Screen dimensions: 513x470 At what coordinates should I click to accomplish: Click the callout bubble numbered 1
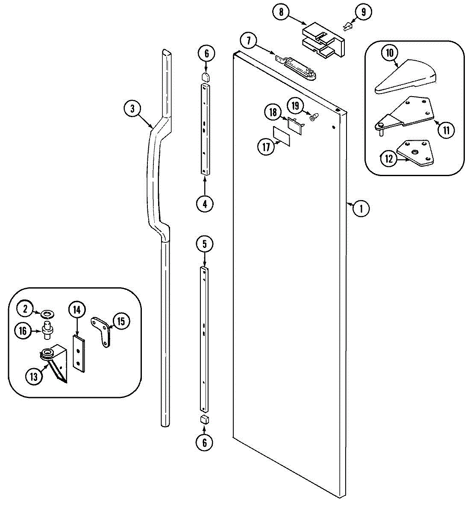point(361,209)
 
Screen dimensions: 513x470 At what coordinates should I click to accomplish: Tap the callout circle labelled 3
point(132,109)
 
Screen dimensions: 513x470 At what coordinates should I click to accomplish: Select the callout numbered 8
point(281,12)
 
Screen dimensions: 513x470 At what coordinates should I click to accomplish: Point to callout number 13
point(34,376)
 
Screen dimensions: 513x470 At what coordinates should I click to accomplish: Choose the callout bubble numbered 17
point(266,147)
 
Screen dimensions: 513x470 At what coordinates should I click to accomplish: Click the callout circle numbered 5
point(205,244)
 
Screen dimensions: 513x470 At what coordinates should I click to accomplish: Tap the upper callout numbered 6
point(206,53)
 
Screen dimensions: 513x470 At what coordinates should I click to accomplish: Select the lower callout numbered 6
point(205,442)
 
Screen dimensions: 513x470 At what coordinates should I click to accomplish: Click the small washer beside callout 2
point(47,315)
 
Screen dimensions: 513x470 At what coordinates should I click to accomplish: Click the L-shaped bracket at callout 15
point(103,330)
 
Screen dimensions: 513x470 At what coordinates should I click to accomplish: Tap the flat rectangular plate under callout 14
point(79,353)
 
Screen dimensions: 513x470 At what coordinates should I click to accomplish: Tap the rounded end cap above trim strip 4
point(206,77)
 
